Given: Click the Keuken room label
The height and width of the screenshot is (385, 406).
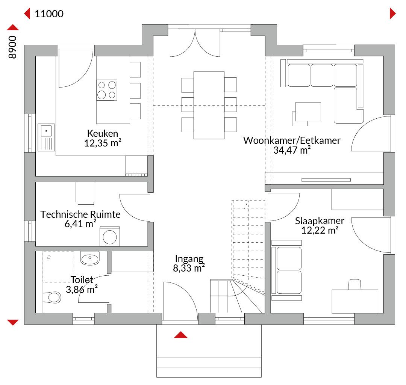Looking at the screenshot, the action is pyautogui.click(x=103, y=133).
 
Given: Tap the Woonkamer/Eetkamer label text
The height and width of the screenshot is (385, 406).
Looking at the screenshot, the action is pyautogui.click(x=292, y=140).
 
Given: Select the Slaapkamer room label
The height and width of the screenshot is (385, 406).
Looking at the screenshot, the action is pyautogui.click(x=320, y=221).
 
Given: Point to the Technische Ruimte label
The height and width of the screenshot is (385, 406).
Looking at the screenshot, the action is pyautogui.click(x=80, y=214).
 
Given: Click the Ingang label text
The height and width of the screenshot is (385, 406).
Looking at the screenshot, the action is pyautogui.click(x=189, y=259).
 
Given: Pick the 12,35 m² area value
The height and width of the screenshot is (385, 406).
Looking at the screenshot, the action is pyautogui.click(x=103, y=143).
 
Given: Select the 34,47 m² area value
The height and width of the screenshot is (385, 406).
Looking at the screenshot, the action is pyautogui.click(x=292, y=150).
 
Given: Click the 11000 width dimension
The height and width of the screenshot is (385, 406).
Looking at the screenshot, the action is pyautogui.click(x=49, y=14).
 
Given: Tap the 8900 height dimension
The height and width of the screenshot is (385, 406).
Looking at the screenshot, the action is pyautogui.click(x=12, y=47).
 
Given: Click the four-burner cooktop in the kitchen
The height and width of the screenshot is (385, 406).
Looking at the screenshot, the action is pyautogui.click(x=107, y=90).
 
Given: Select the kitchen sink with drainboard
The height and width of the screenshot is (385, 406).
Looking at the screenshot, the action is pyautogui.click(x=46, y=137).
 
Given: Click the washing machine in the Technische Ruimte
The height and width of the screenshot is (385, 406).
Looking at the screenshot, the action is pyautogui.click(x=110, y=237).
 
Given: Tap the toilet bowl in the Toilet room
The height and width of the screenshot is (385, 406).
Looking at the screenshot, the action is pyautogui.click(x=52, y=297).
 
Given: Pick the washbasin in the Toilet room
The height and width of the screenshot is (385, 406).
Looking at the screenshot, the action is pyautogui.click(x=90, y=258).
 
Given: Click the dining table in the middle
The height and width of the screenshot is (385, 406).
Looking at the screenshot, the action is pyautogui.click(x=209, y=105).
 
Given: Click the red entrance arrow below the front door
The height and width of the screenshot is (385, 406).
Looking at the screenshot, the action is pyautogui.click(x=181, y=335).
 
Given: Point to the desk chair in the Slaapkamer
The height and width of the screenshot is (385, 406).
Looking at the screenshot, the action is pyautogui.click(x=354, y=284).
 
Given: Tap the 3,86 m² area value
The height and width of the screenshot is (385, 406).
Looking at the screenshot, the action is pyautogui.click(x=82, y=289).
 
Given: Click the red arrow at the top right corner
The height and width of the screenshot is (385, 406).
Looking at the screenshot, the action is pyautogui.click(x=392, y=14).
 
